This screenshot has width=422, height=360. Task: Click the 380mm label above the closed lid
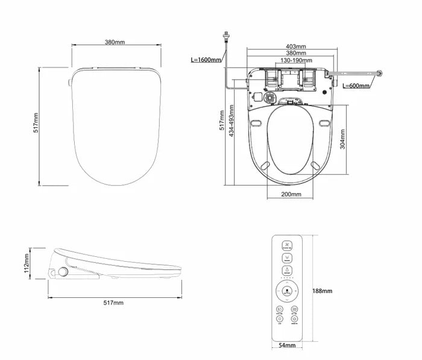(x=115, y=42)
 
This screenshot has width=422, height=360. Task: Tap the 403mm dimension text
(x=295, y=46)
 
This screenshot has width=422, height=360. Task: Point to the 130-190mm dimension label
(x=295, y=60)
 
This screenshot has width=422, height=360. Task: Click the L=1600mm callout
(x=206, y=60)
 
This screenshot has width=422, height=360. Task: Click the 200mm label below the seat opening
(x=292, y=194)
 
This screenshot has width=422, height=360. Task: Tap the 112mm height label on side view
(x=27, y=262)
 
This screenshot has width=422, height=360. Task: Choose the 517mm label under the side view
(x=114, y=302)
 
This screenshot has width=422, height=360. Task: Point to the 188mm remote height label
(x=323, y=291)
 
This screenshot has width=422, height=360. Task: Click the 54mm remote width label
(x=287, y=346)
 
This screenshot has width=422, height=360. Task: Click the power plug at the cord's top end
(x=226, y=37)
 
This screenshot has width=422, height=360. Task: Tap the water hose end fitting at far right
(x=379, y=75)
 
